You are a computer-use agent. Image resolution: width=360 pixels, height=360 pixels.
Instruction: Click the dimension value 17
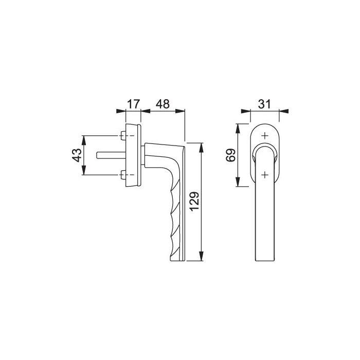coord(133,103)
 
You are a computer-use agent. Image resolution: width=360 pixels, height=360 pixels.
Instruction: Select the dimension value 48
coord(163,103)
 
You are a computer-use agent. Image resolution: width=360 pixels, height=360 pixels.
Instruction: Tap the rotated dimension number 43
coord(76,155)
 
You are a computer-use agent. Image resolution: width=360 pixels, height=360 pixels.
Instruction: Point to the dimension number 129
coord(194,201)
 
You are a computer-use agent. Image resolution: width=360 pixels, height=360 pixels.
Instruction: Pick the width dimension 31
coord(264,103)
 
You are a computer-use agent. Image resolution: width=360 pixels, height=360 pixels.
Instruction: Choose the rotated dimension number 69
coord(231,155)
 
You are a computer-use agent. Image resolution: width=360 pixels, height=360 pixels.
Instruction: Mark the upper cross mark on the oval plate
coord(264,136)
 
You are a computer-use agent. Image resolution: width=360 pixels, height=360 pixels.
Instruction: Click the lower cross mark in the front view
coord(264,175)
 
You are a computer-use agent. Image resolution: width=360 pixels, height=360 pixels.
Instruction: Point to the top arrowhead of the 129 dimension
coord(201,146)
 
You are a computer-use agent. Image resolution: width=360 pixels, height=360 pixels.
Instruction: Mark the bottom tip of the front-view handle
coord(264,261)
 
